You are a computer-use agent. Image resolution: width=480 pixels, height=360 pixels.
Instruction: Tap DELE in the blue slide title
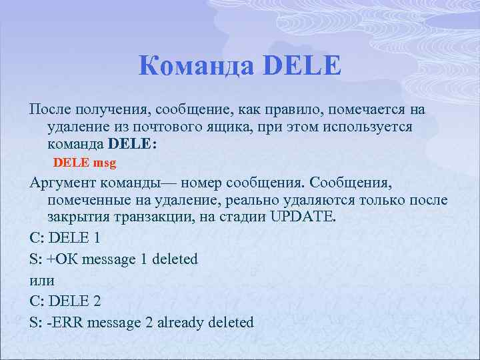click(x=303, y=67)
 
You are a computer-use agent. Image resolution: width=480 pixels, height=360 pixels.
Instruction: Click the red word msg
click(x=105, y=162)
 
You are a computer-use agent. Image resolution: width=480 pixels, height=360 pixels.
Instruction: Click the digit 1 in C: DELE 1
click(x=97, y=238)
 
